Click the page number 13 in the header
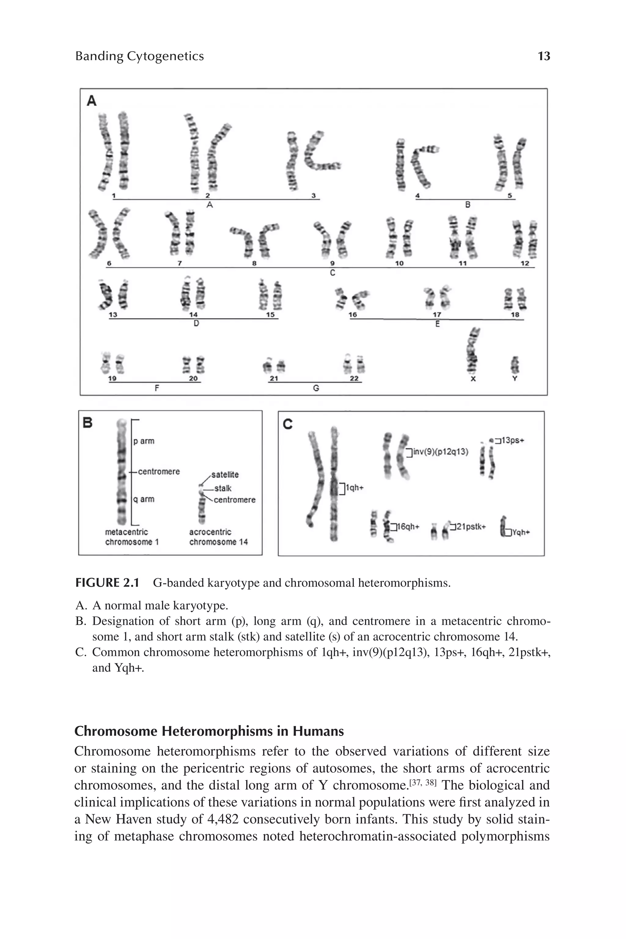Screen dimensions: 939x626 544,56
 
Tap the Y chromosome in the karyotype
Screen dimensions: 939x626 515,365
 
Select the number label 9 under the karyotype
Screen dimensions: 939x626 332,263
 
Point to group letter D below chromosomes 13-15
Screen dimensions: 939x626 196,324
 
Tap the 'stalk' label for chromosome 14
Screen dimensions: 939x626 223,488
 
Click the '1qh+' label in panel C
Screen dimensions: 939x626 355,488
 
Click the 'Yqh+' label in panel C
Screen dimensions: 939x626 521,532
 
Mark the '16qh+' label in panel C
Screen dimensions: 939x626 408,527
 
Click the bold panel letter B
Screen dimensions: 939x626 87,423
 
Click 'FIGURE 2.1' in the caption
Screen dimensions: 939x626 107,583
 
